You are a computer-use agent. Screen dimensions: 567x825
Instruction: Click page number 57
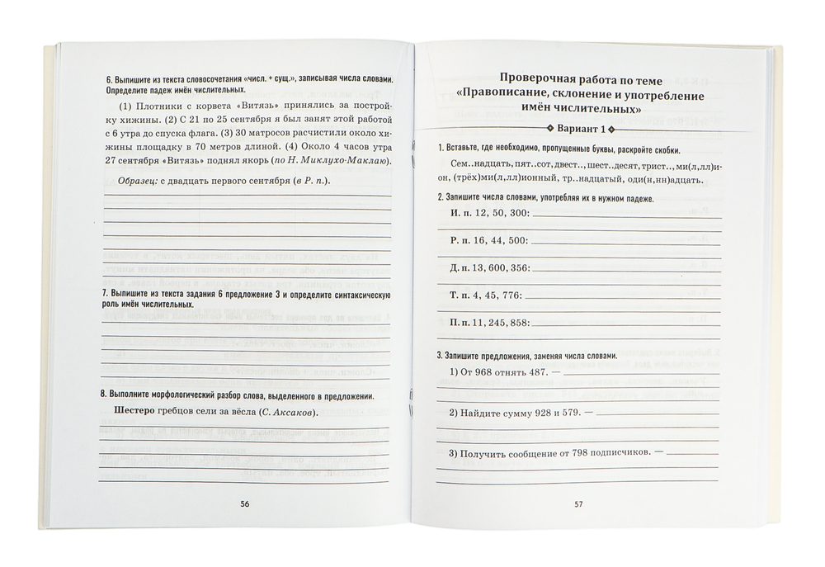[578, 503]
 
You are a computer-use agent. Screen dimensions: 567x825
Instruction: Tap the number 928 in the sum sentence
[540, 411]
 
